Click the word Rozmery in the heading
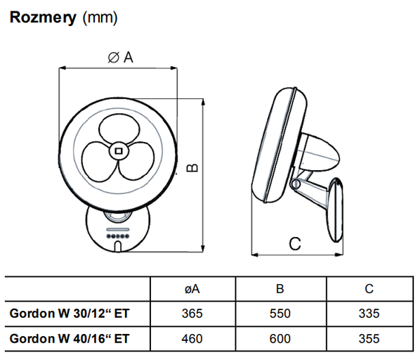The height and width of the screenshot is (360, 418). (43, 18)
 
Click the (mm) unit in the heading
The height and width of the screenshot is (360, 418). (100, 18)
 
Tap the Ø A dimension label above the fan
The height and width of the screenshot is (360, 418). (120, 57)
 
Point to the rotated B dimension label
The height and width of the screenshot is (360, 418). (192, 167)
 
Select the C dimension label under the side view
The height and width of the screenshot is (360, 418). (295, 244)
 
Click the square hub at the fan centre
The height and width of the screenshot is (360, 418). (119, 151)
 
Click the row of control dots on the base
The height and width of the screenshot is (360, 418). (117, 236)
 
